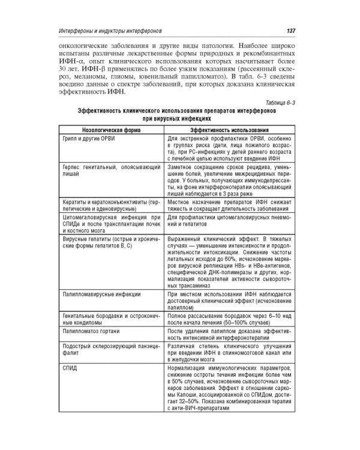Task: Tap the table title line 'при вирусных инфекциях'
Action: (178, 119)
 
